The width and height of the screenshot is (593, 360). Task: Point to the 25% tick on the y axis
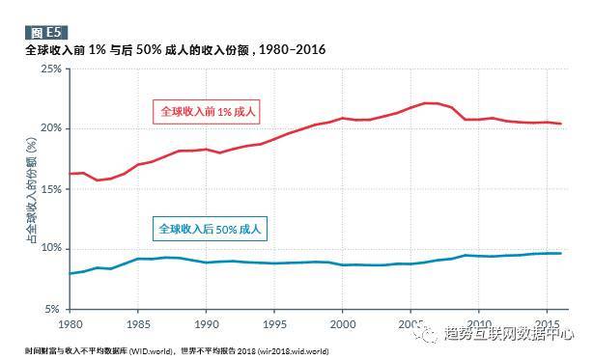51,69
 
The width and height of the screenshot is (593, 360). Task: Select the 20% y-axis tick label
51,128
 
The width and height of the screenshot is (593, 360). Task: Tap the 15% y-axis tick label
51,188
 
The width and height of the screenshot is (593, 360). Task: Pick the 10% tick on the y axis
51,248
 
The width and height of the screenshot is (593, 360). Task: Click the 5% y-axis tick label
54,308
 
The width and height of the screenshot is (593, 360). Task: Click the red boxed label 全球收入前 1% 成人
208,111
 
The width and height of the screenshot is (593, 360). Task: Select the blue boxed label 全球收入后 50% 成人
209,230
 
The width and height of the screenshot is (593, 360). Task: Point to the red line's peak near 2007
430,103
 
